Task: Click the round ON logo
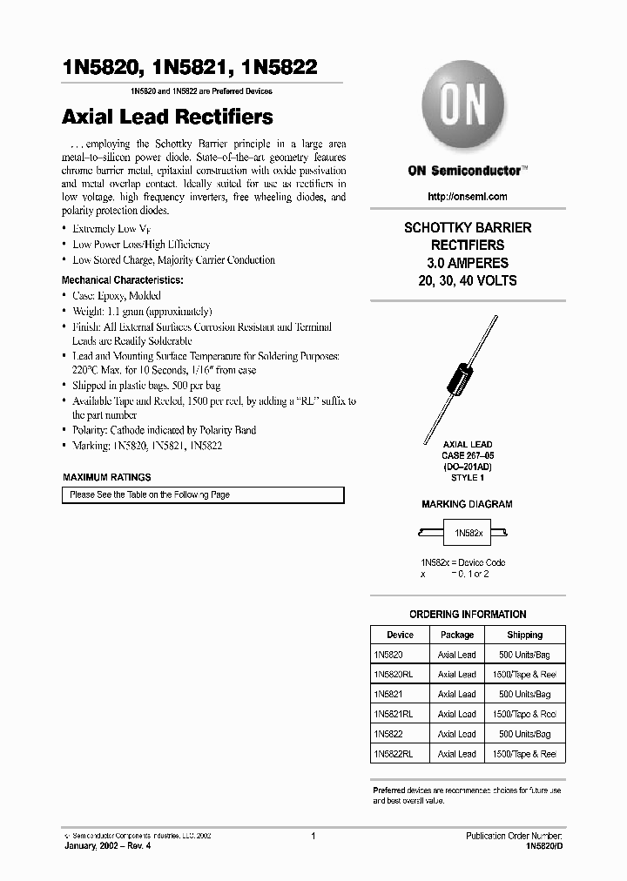click(x=462, y=110)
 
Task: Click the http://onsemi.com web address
click(x=468, y=197)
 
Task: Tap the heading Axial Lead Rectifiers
click(x=167, y=117)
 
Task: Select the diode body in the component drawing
click(x=457, y=379)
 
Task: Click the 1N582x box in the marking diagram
click(x=468, y=532)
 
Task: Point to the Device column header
click(x=400, y=635)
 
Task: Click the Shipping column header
click(x=524, y=635)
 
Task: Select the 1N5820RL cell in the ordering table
click(x=393, y=675)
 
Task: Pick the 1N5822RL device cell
click(x=393, y=754)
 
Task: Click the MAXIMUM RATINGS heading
click(x=107, y=477)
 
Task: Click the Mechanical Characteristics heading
click(x=122, y=280)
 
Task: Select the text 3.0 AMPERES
click(x=468, y=263)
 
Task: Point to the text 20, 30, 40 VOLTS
click(x=468, y=280)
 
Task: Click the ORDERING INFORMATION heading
click(x=468, y=614)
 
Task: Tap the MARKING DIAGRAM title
click(x=467, y=504)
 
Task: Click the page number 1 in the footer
click(x=313, y=836)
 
